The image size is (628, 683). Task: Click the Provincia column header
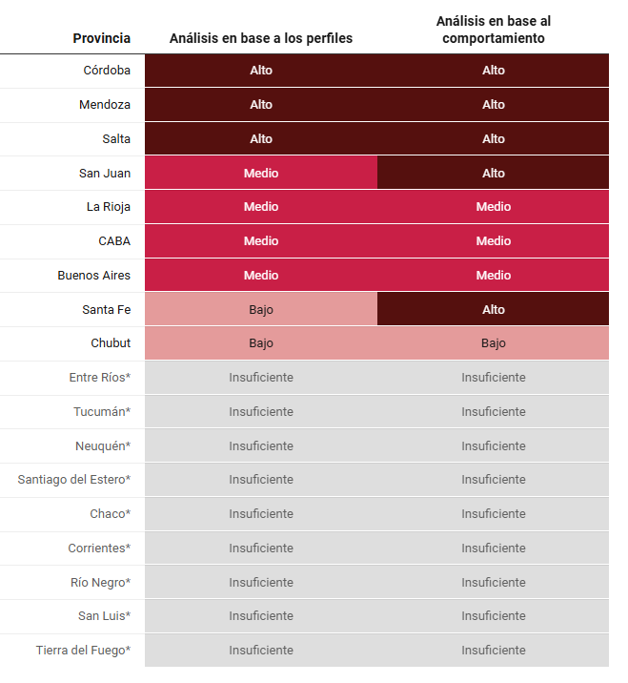(102, 38)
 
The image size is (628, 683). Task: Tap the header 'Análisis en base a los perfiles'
(261, 38)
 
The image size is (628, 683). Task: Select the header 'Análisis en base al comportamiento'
(494, 30)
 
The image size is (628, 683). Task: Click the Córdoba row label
(107, 70)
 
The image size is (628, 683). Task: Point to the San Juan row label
(105, 173)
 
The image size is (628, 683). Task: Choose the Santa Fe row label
(107, 309)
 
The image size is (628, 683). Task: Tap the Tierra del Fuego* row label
(83, 650)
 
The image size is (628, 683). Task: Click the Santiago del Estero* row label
(74, 479)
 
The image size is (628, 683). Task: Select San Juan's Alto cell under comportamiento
(494, 173)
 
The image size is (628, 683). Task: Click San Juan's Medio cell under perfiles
(261, 173)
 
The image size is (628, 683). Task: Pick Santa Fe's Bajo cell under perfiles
(261, 309)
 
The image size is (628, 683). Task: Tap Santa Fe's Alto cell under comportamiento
(494, 309)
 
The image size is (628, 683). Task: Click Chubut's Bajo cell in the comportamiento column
(494, 343)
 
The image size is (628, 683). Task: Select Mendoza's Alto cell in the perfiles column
(261, 104)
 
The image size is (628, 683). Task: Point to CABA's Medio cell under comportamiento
(494, 240)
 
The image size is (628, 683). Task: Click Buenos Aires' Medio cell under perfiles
(261, 275)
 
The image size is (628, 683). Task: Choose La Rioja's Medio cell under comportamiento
(494, 206)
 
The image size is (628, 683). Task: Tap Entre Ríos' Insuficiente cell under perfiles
(261, 377)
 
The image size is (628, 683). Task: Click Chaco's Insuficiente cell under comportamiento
(494, 513)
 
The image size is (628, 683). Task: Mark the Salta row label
(116, 138)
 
